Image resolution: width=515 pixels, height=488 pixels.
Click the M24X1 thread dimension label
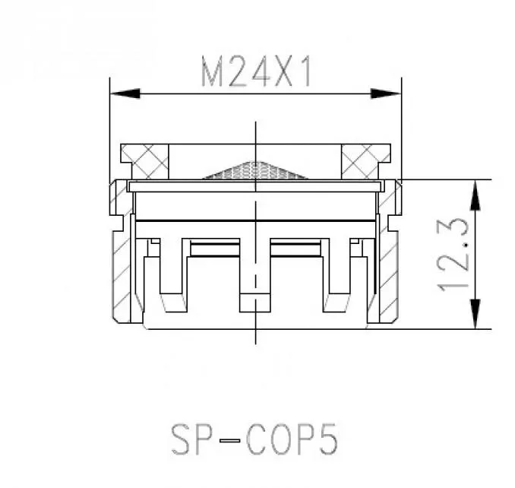[256, 71]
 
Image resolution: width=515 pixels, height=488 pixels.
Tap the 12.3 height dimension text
[453, 255]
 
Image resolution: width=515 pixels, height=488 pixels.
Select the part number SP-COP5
[254, 439]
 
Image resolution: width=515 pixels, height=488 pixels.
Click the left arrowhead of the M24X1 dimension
[125, 93]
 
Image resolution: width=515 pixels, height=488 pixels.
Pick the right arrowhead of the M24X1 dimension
[386, 93]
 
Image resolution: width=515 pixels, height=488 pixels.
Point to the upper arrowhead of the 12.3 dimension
[476, 195]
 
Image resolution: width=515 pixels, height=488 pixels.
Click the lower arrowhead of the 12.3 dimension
[476, 313]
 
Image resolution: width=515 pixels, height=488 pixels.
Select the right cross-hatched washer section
[365, 162]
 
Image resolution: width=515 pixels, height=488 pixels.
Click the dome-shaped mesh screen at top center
[256, 171]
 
